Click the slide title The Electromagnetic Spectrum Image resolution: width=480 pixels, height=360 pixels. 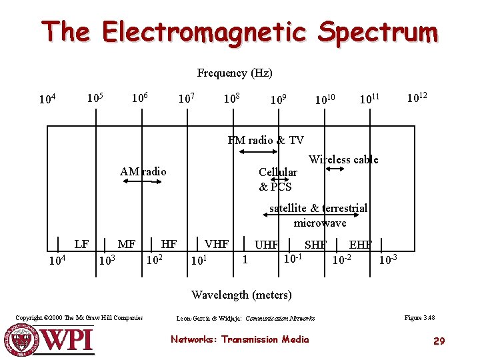pos(239,31)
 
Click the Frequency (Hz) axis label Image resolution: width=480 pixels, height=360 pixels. pos(235,73)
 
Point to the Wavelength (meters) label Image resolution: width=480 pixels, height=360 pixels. pos(241,295)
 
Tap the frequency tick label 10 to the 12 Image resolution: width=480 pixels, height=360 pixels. pos(417,97)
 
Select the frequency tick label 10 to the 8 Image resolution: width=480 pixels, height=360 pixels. pos(231,99)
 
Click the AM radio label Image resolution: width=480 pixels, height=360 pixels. pos(143,171)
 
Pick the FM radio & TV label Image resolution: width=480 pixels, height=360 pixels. pos(265,140)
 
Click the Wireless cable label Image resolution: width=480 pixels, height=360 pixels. pos(343,159)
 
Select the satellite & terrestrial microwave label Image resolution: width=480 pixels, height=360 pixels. pos(319,215)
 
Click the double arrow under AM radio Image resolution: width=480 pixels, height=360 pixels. pos(143,181)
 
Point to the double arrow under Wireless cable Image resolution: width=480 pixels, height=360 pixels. pos(335,169)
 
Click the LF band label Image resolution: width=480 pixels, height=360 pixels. pos(81,244)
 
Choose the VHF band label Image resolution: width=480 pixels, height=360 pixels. pos(217,244)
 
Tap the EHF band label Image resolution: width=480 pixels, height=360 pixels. pos(361,245)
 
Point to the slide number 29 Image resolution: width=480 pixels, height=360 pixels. pos(439,341)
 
